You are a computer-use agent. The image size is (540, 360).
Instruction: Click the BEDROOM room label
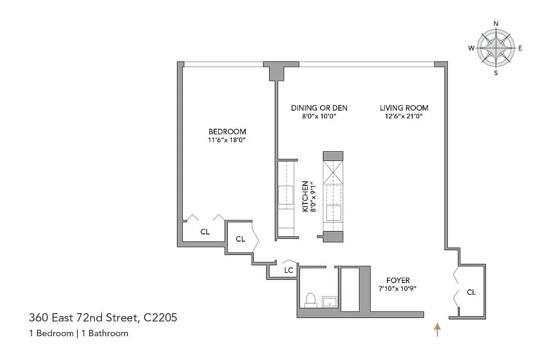(x=227, y=131)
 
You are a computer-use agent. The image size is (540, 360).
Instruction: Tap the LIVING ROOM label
(x=404, y=108)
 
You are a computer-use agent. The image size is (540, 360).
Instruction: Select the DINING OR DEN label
(x=319, y=108)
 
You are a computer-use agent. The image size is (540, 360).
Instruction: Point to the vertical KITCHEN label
(x=305, y=197)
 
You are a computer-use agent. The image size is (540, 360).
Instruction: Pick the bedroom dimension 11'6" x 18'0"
(x=227, y=140)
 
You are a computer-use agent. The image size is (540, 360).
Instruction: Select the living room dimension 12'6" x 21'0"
(x=404, y=116)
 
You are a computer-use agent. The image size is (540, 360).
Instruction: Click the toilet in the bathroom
(x=310, y=300)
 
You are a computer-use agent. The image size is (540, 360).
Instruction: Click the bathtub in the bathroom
(x=350, y=289)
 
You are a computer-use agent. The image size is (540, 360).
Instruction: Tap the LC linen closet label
(x=288, y=270)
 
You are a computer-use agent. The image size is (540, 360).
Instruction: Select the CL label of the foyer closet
(x=471, y=292)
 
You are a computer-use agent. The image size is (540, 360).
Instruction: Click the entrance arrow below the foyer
(x=436, y=329)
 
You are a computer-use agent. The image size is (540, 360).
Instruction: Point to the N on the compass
(x=496, y=24)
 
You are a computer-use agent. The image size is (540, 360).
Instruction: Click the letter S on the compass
(x=496, y=72)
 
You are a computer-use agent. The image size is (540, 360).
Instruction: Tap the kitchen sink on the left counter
(x=286, y=195)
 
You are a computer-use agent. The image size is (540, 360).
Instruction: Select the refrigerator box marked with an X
(x=333, y=172)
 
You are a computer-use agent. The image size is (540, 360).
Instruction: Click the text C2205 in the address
(x=160, y=318)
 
